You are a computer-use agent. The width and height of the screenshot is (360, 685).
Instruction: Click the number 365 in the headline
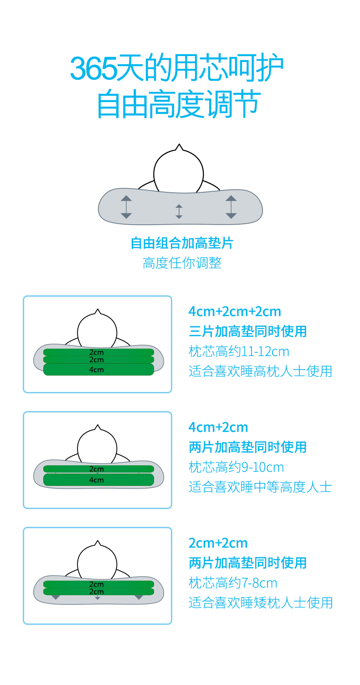[x=93, y=69]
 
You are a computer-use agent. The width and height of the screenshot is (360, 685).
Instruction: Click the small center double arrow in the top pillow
[x=179, y=211]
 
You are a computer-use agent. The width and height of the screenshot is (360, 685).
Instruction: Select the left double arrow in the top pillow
[x=126, y=207]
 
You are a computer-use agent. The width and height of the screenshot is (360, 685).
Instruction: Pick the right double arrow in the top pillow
[x=231, y=207]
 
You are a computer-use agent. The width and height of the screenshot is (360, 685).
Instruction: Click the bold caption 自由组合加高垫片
[x=181, y=243]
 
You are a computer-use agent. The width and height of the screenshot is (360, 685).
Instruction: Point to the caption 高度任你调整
[x=182, y=263]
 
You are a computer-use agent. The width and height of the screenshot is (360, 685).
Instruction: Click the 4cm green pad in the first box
[x=98, y=370]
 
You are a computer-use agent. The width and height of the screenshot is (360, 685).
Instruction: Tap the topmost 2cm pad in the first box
[x=98, y=352]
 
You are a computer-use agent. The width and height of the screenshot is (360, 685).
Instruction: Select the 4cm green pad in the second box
[x=98, y=479]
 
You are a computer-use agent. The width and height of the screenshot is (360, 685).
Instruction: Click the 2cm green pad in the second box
[x=98, y=469]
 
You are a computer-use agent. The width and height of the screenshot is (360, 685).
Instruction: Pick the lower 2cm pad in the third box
[x=98, y=592]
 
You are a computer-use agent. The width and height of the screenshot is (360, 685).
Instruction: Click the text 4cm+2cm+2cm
[x=235, y=311]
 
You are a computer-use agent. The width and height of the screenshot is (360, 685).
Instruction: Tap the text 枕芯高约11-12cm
[x=239, y=351]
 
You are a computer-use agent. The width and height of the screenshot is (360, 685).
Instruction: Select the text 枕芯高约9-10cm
[x=236, y=467]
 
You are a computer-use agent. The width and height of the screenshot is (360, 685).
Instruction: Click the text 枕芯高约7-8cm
[x=233, y=583]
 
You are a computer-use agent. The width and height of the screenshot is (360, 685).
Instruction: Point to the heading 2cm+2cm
[x=218, y=543]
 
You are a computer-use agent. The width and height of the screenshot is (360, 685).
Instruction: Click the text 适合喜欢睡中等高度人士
[x=260, y=487]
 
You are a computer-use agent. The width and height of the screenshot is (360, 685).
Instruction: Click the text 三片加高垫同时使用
[x=247, y=331]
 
